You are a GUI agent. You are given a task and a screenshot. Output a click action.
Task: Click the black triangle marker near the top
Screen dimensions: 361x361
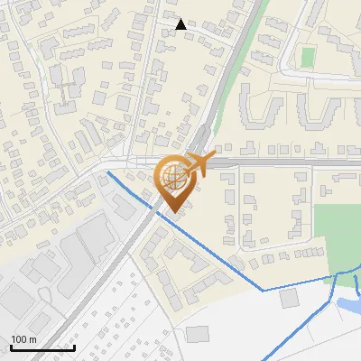point(181,24)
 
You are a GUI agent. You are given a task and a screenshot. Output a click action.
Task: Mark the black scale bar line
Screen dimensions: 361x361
point(42,347)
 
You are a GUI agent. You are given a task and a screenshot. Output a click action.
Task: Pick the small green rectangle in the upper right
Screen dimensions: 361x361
point(308,57)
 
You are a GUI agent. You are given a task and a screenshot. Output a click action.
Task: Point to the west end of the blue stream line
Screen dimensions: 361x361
point(108,171)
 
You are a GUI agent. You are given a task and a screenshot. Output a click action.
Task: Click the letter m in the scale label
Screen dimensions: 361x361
point(33,339)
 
